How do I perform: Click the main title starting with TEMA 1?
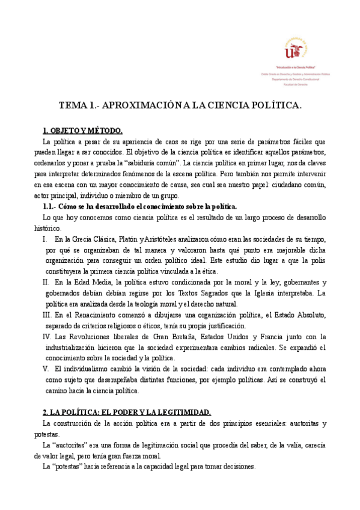(180, 105)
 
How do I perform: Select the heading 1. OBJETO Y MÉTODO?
(82, 131)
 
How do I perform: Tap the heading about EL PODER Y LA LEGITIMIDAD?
(126, 412)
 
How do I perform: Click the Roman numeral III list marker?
(47, 315)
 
